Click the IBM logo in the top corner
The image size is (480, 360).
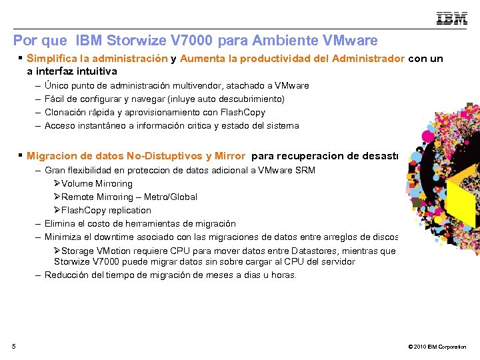pyautogui.click(x=451, y=19)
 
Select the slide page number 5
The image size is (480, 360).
pyautogui.click(x=14, y=345)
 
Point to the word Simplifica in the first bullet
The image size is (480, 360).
pyautogui.click(x=53, y=59)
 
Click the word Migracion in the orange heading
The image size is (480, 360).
pyautogui.click(x=51, y=157)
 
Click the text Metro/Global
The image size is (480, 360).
pyautogui.click(x=175, y=197)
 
